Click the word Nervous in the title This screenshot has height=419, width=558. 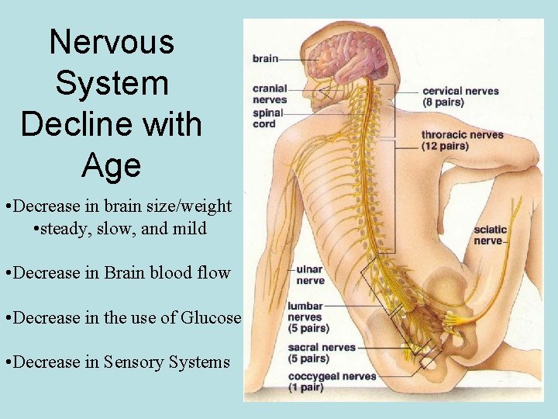112,42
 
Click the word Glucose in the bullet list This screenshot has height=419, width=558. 212,317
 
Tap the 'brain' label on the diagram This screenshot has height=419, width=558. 265,59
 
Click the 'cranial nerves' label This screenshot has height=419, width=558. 270,94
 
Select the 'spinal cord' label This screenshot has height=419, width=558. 267,118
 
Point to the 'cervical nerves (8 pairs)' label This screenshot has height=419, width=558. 460,96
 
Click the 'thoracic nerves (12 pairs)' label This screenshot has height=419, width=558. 462,140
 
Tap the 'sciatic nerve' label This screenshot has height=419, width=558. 490,234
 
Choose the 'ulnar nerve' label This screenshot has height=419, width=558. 310,275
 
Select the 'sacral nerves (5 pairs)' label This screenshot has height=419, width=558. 321,353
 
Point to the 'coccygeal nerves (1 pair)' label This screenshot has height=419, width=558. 332,381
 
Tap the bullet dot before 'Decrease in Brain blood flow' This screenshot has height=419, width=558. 6,273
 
